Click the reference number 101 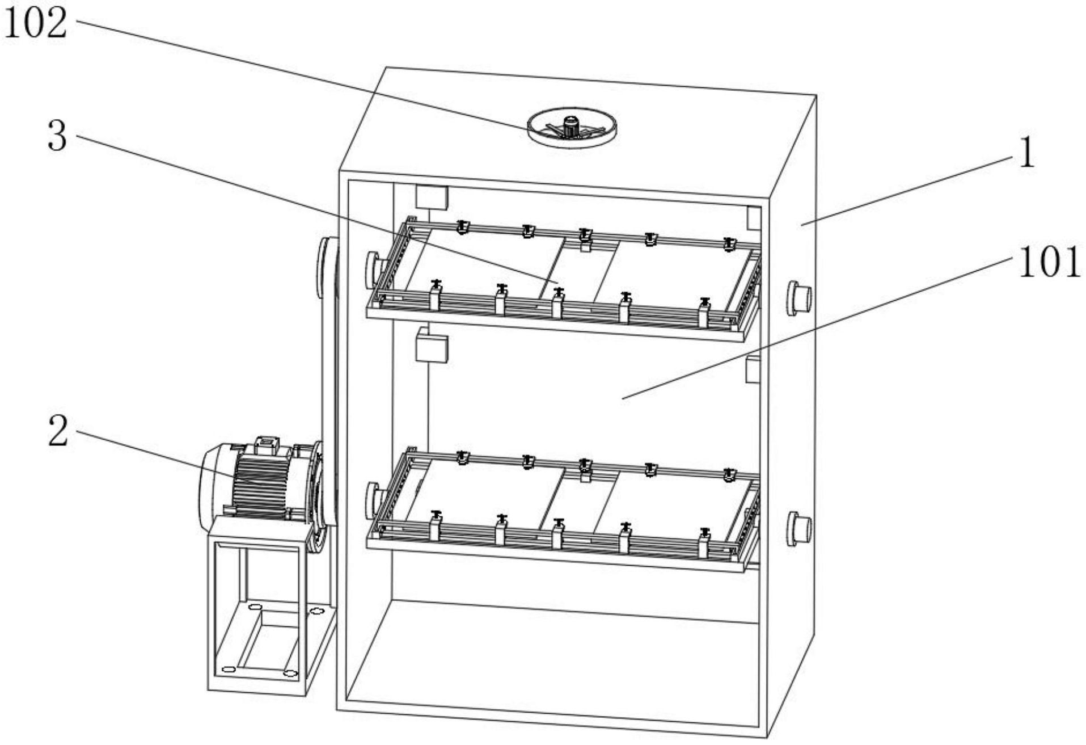[x=1049, y=263]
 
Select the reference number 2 [x=57, y=431]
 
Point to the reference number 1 [x=1026, y=154]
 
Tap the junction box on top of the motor [x=267, y=444]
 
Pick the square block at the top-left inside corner [x=431, y=196]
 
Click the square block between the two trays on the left [x=431, y=347]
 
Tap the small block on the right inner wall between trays [x=752, y=369]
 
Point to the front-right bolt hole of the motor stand [x=290, y=674]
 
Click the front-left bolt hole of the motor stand [x=228, y=670]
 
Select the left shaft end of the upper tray [x=373, y=268]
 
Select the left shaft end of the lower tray [x=373, y=499]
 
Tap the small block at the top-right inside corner [x=753, y=218]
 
